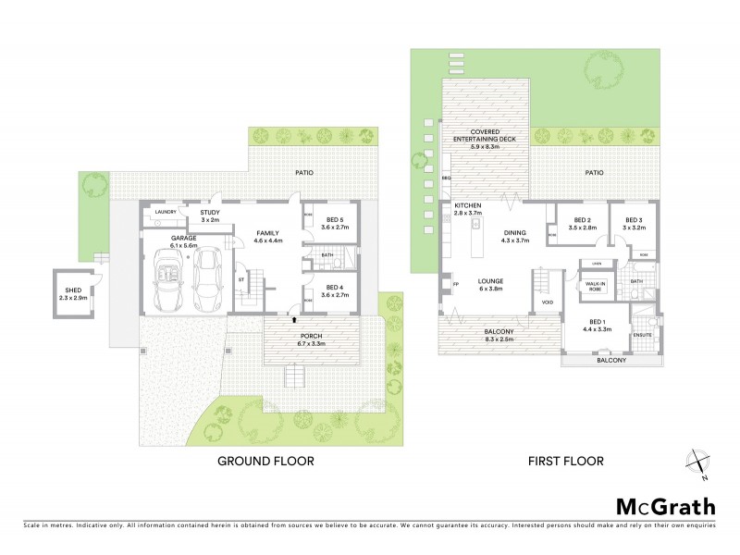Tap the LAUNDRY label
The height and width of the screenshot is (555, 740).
[166, 213]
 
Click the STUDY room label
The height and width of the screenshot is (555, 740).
[210, 212]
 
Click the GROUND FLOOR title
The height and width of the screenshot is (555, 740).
[265, 460]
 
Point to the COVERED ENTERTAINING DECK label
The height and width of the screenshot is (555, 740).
[485, 136]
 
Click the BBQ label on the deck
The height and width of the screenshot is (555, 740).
[446, 177]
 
